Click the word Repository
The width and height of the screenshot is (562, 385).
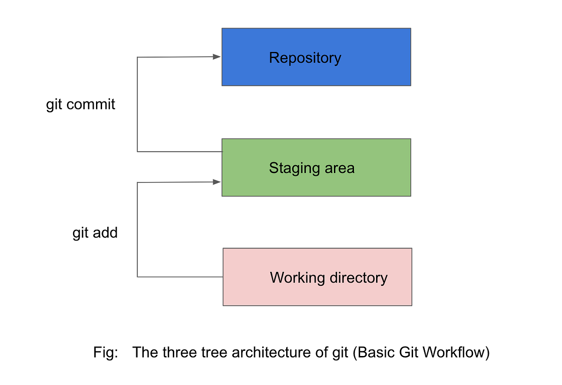[x=305, y=58]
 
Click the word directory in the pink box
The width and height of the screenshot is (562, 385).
[x=358, y=278]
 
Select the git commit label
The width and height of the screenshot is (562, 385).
[x=81, y=104]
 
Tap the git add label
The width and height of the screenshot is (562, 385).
[x=95, y=232]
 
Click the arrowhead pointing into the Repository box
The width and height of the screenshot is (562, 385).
[x=216, y=57]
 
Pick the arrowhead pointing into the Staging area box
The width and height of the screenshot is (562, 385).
[x=216, y=182]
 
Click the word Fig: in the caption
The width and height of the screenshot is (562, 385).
[x=105, y=352]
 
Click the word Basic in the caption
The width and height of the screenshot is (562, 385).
[x=375, y=352]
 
